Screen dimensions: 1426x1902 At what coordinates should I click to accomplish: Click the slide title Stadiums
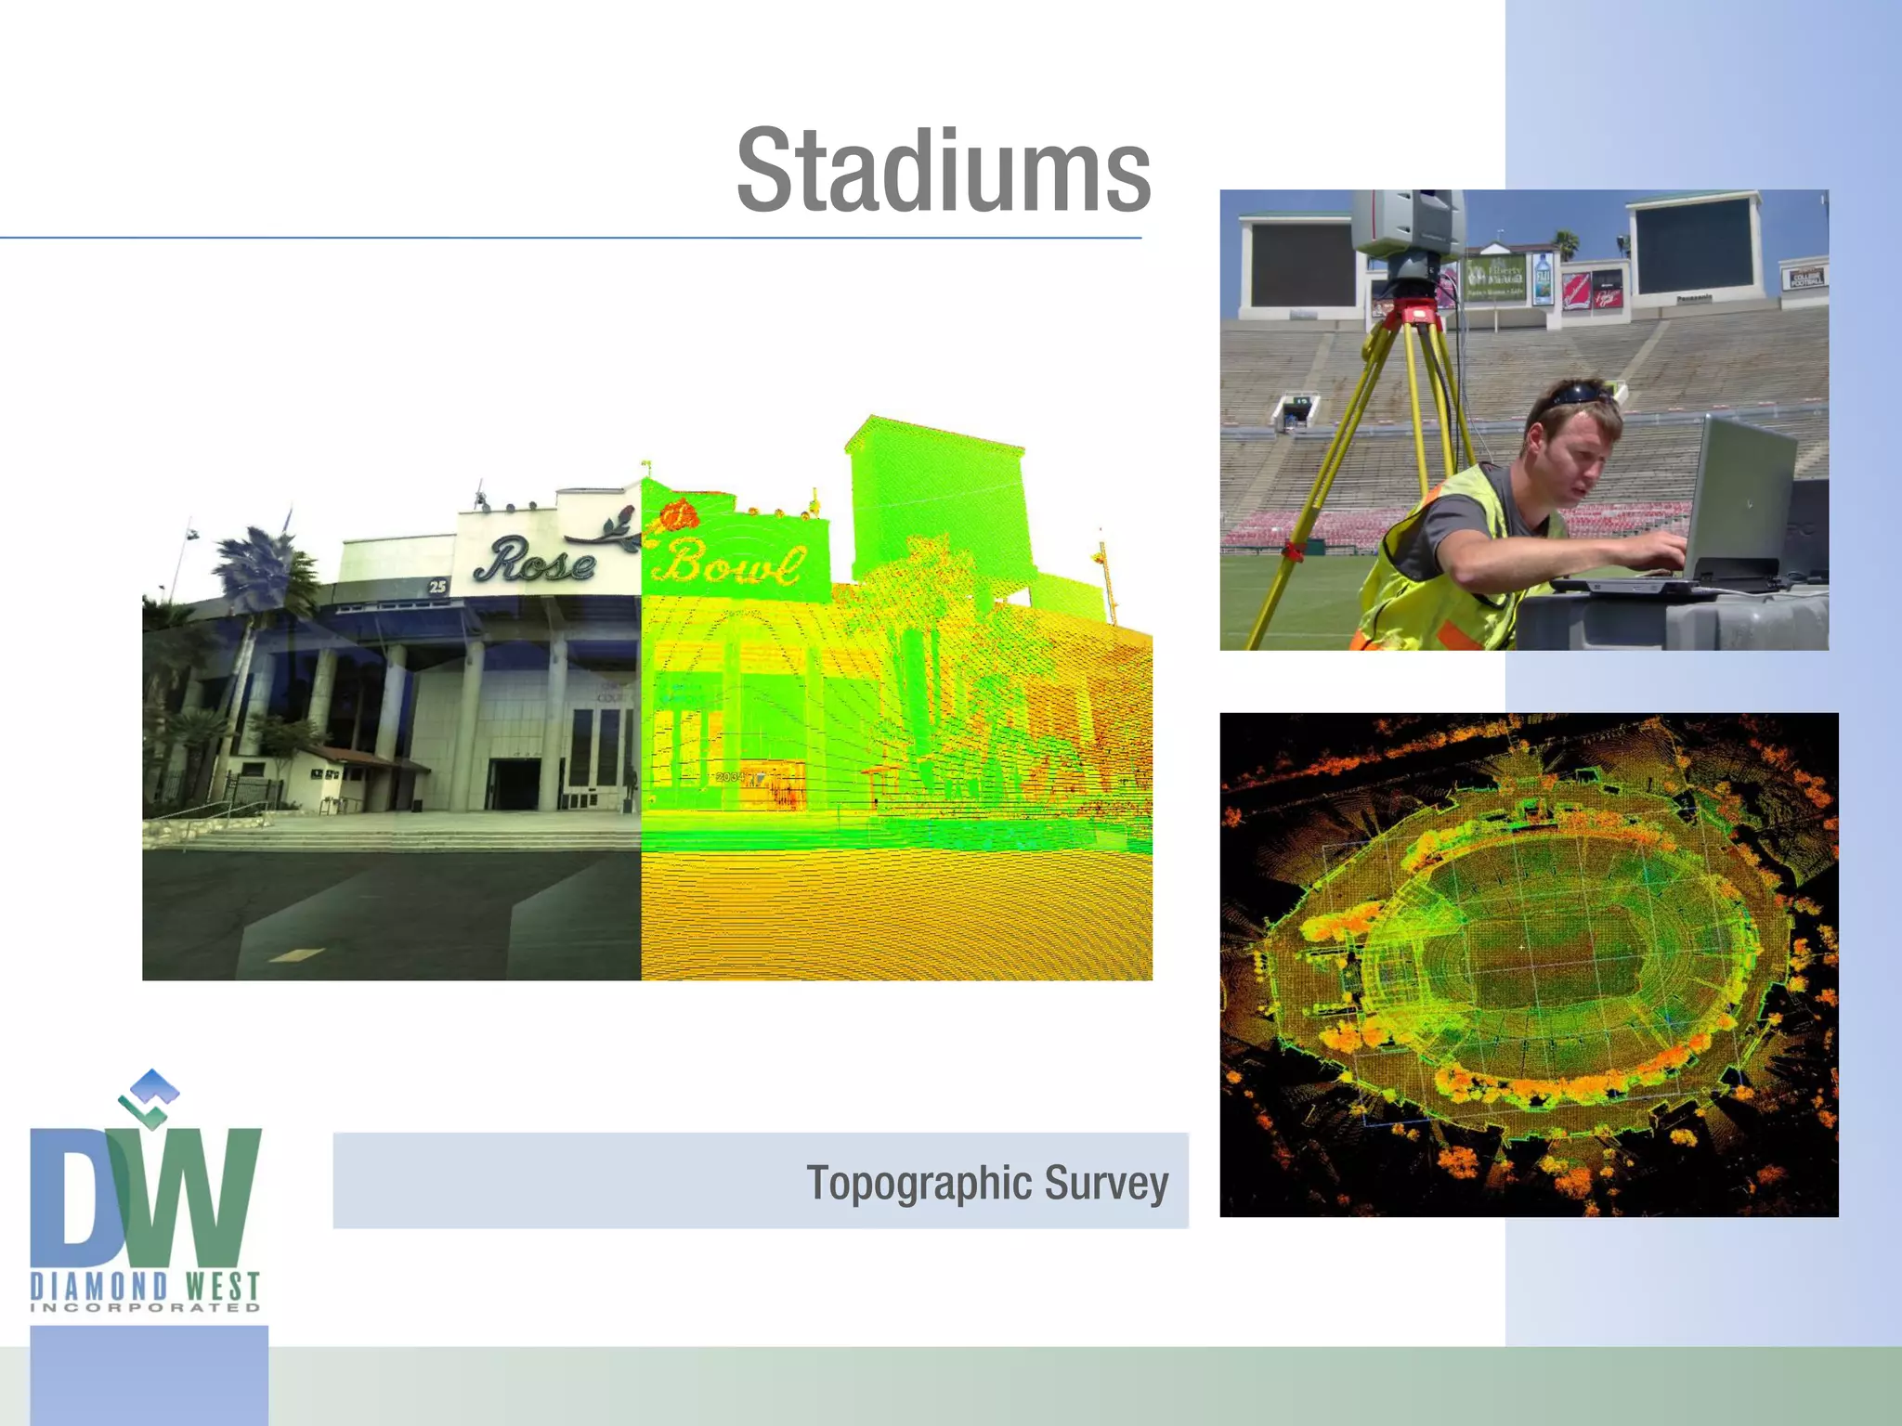click(x=944, y=172)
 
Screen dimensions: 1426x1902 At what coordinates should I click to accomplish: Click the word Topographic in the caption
click(x=918, y=1184)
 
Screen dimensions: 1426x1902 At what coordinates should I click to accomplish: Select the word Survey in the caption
click(x=1106, y=1184)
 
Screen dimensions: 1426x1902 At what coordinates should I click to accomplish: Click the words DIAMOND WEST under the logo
click(x=145, y=1287)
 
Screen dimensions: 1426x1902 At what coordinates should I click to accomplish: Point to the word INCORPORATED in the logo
click(x=145, y=1308)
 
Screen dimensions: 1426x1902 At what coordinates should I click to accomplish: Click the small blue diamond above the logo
click(x=154, y=1082)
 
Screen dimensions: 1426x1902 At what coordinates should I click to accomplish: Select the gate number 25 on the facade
click(x=437, y=586)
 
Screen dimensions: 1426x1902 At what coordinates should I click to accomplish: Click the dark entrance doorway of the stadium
click(x=514, y=784)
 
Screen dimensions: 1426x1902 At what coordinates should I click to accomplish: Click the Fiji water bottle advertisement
click(x=1543, y=279)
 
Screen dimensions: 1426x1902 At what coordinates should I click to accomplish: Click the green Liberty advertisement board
click(x=1495, y=278)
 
